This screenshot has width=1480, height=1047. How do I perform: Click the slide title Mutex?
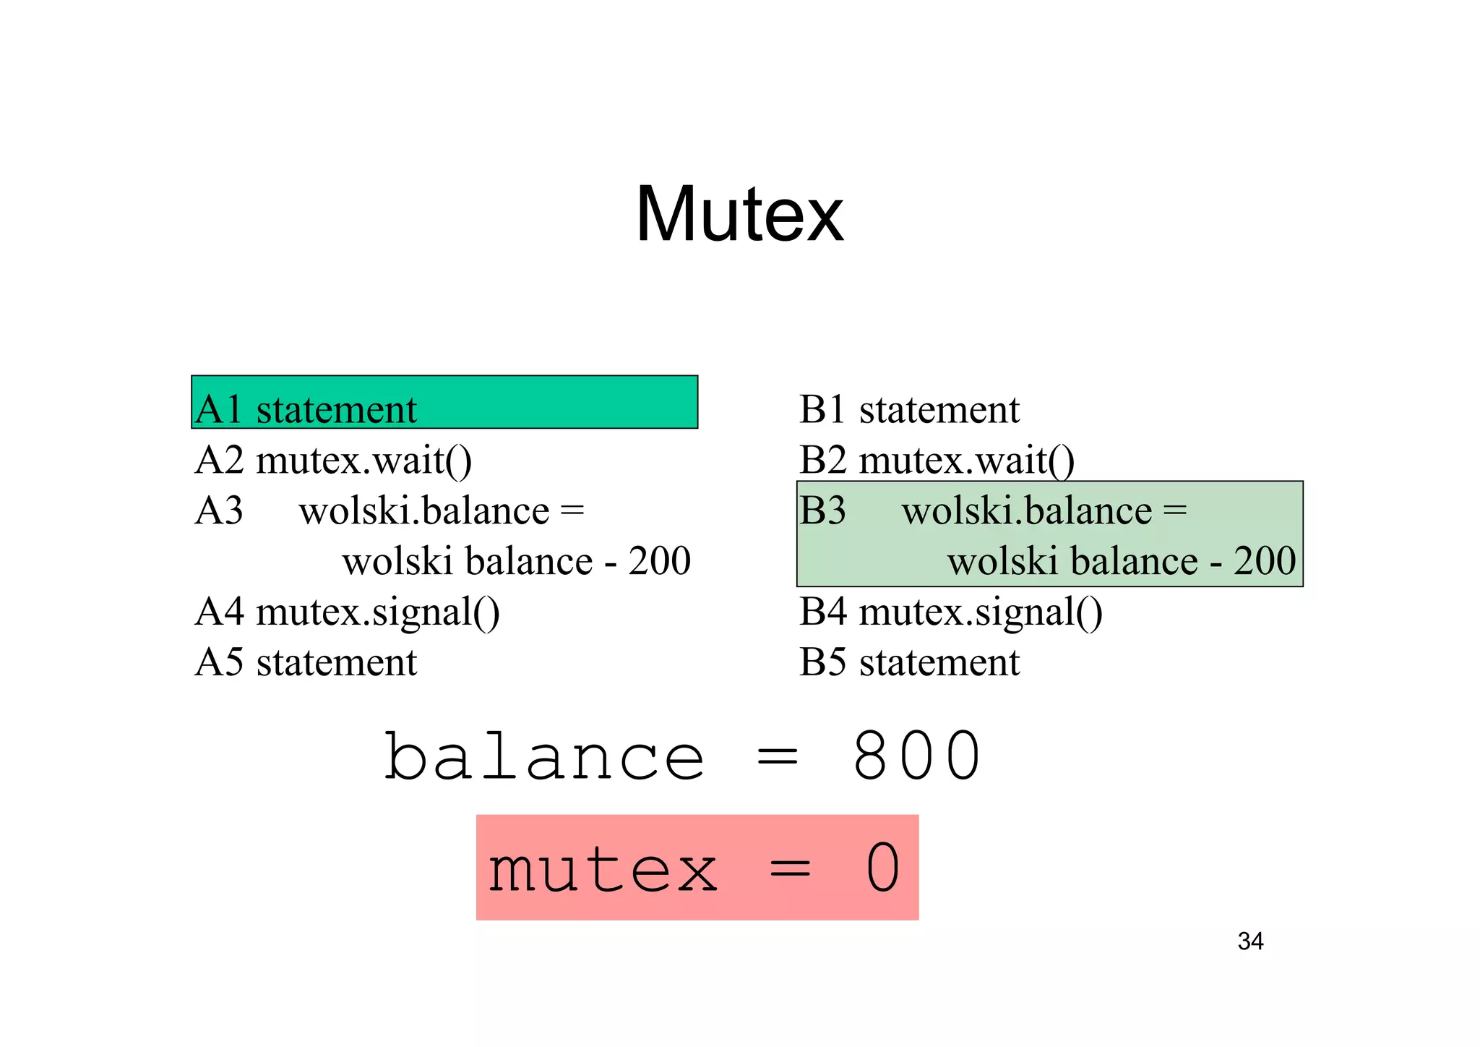point(739,215)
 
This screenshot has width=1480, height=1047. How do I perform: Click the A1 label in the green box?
point(218,409)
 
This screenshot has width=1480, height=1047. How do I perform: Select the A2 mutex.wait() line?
point(333,461)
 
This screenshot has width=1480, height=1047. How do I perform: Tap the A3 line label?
point(218,510)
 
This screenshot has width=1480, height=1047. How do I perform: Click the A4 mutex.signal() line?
point(347,612)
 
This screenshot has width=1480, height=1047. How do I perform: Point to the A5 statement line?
point(306,662)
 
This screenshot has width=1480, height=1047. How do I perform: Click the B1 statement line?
point(909,409)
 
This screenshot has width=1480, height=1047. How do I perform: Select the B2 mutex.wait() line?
point(937,461)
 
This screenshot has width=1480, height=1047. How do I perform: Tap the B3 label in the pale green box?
point(822,510)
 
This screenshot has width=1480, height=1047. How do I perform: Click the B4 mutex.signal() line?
point(950,612)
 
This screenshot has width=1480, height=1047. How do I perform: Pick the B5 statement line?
point(909,662)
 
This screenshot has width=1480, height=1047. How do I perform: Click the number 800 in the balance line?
point(916,756)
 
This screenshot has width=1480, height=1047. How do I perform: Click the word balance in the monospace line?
point(544,756)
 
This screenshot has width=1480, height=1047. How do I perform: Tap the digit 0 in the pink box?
point(882,868)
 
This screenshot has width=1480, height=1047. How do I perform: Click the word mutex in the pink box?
point(603,869)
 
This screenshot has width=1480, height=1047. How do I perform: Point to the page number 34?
point(1250,941)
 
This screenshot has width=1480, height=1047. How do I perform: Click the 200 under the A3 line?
point(659,561)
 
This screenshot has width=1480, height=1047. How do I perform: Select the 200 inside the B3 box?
point(1264,561)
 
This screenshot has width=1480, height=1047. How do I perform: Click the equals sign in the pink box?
point(790,869)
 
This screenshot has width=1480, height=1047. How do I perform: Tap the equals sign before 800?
point(777,758)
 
